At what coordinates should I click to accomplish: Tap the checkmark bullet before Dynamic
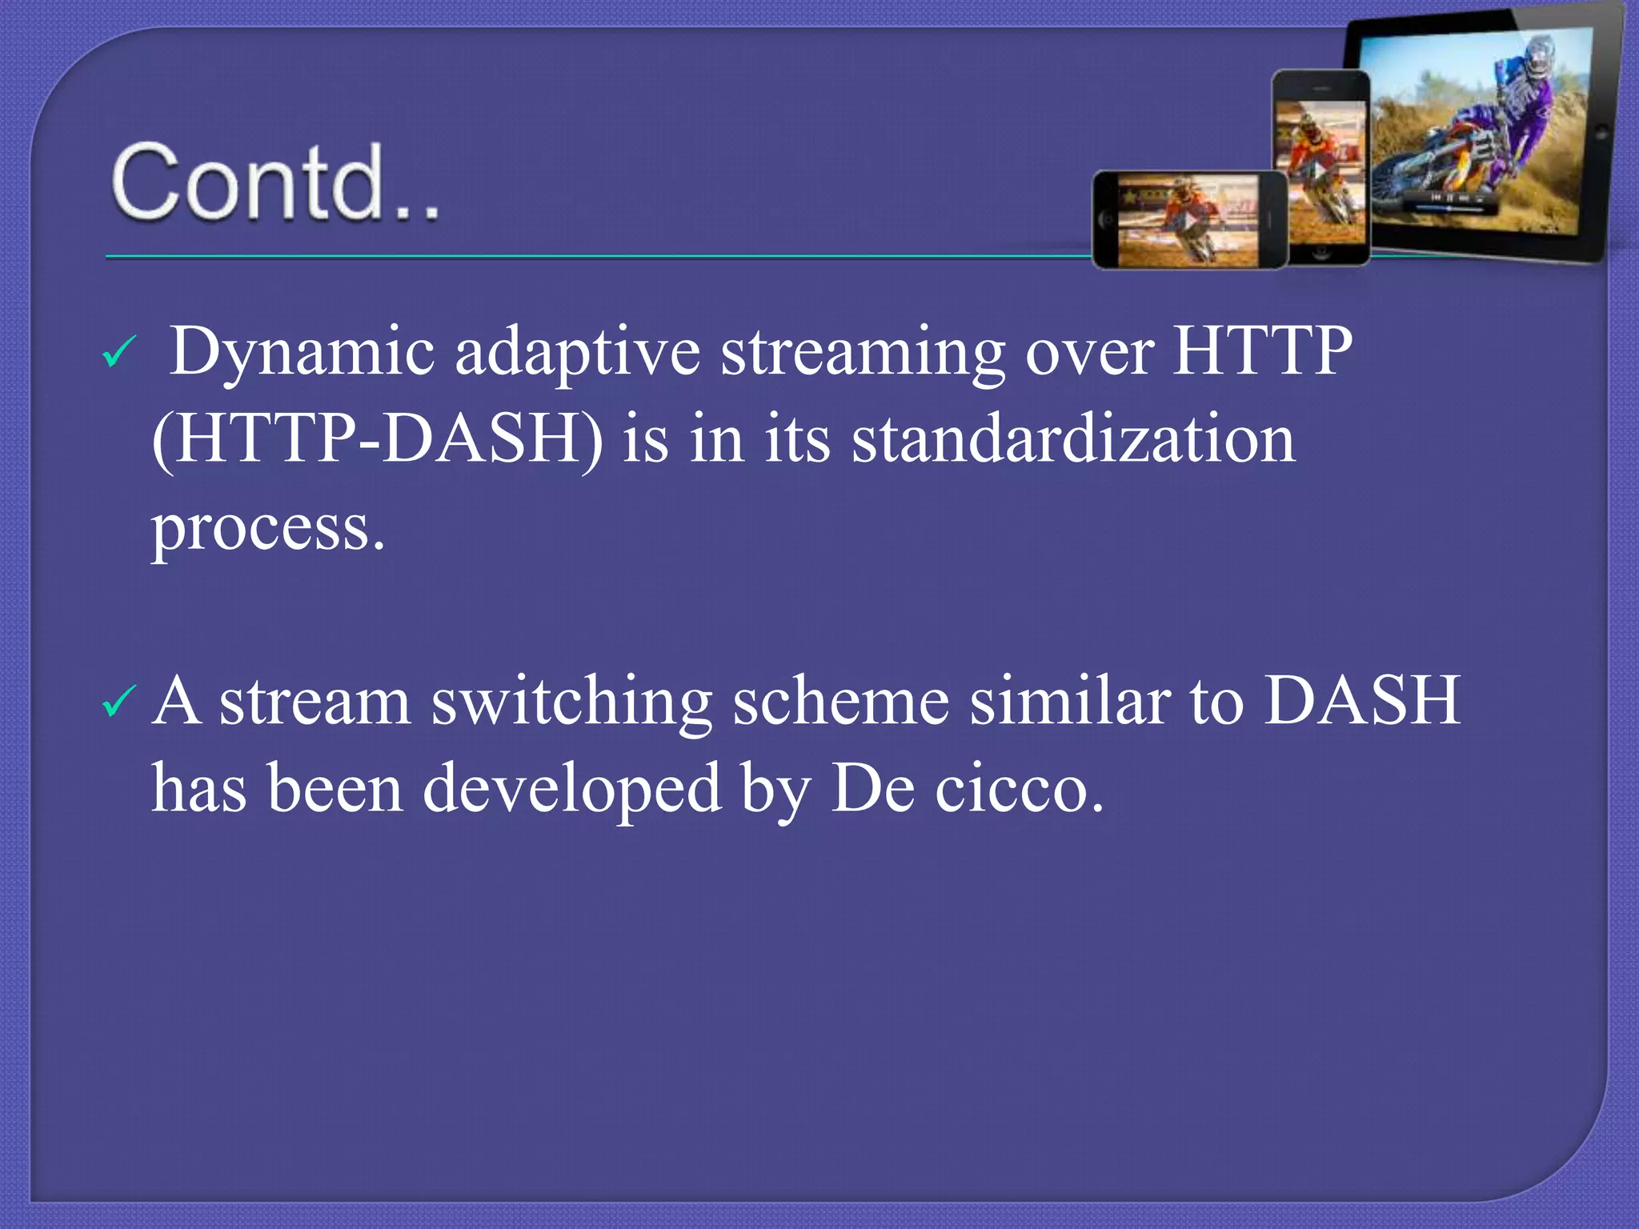[120, 352]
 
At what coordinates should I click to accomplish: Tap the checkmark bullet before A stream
[120, 702]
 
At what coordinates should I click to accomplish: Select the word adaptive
[577, 352]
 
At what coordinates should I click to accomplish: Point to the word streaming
[863, 352]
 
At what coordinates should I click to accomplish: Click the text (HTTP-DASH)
[376, 439]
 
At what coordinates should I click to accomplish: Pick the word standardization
[1072, 439]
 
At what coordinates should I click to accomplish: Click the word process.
[268, 528]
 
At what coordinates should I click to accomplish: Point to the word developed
[571, 789]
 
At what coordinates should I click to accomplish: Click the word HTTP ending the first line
[1261, 352]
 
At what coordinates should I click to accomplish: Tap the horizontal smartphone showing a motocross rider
[1189, 220]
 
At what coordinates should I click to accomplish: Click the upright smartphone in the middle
[1321, 168]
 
